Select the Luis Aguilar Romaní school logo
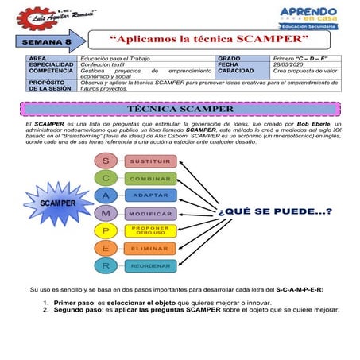[62, 14]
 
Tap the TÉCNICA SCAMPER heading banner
[180, 108]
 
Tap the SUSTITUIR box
[150, 161]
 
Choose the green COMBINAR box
[150, 179]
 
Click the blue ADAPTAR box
[150, 196]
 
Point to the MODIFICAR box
[150, 214]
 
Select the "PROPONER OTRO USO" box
[150, 230]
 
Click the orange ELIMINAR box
[150, 249]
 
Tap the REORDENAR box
[150, 266]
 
